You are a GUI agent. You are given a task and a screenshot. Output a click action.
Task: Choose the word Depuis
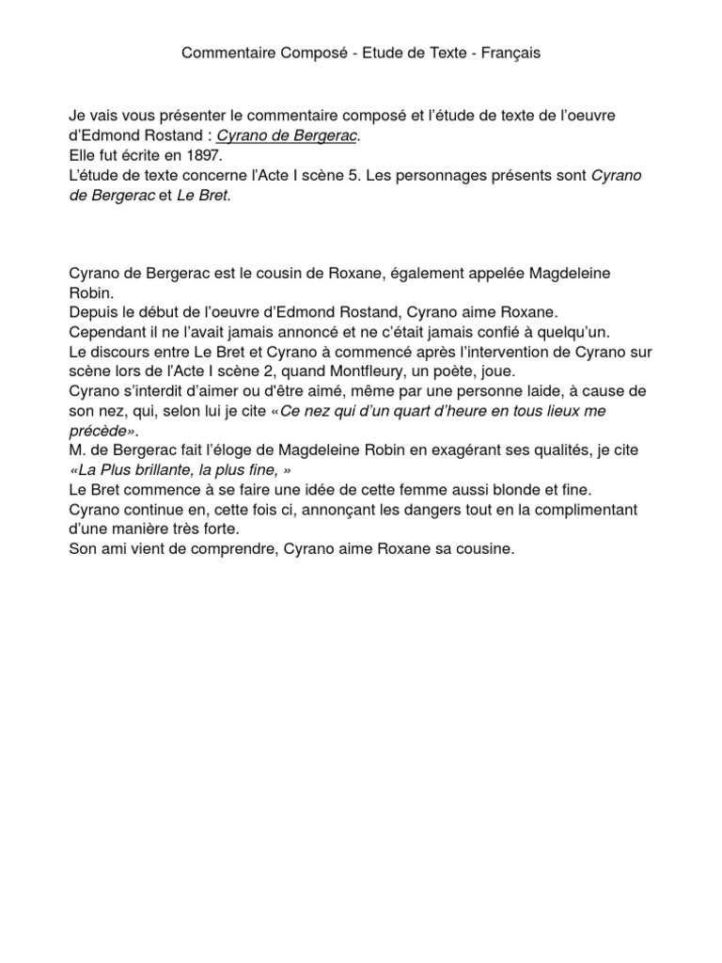(x=92, y=311)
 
